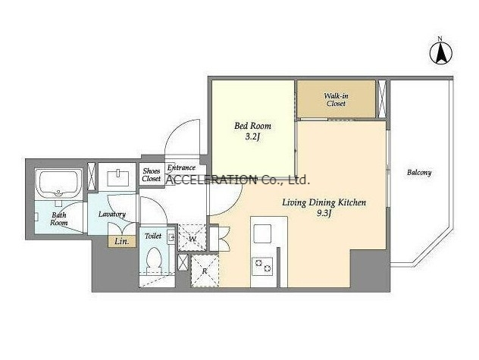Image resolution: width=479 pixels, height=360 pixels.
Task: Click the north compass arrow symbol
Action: pyautogui.click(x=441, y=52)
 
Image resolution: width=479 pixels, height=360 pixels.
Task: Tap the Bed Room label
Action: pyautogui.click(x=252, y=126)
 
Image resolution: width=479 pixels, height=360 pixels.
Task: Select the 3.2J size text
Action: pyautogui.click(x=252, y=137)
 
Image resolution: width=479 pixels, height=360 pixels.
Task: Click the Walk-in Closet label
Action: pyautogui.click(x=336, y=99)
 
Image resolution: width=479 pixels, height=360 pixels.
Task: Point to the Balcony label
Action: pyautogui.click(x=419, y=173)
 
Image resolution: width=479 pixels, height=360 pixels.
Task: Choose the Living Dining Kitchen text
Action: pyautogui.click(x=324, y=202)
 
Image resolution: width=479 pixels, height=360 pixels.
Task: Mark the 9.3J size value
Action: pyautogui.click(x=324, y=214)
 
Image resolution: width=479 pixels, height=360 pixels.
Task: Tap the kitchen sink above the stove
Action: pyautogui.click(x=262, y=233)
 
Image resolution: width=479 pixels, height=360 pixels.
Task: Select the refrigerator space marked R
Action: pyautogui.click(x=205, y=271)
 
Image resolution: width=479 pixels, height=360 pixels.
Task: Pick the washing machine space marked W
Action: pyautogui.click(x=193, y=238)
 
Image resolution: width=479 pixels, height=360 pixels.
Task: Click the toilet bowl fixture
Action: pyautogui.click(x=154, y=261)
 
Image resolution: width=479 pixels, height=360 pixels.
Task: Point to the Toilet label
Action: pyautogui.click(x=153, y=236)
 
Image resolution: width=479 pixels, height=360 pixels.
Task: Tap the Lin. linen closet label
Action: pyautogui.click(x=121, y=242)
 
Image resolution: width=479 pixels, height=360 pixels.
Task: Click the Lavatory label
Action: pyautogui.click(x=112, y=214)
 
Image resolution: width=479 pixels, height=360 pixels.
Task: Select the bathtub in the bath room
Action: pyautogui.click(x=58, y=184)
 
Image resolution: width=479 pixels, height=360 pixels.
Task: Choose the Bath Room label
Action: pyautogui.click(x=59, y=219)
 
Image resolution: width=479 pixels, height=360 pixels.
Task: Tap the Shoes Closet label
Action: pyautogui.click(x=152, y=175)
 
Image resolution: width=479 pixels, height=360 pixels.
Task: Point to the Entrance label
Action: pyautogui.click(x=181, y=167)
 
